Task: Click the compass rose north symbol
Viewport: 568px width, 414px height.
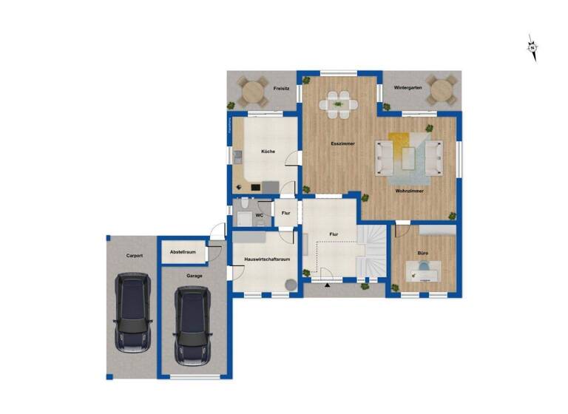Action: coord(532,47)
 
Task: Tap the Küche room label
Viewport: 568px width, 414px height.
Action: coord(268,152)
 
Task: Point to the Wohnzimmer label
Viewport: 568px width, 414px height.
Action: coord(410,191)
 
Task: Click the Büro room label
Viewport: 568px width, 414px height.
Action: coord(422,253)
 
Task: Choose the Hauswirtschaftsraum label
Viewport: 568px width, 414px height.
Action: coord(267,259)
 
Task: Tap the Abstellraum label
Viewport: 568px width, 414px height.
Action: coord(183,252)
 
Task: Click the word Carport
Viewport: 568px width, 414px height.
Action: coord(134,256)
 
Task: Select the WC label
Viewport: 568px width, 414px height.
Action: coord(260,215)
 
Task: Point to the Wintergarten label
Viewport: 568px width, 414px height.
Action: coord(408,87)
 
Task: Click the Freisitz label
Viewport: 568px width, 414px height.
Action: coord(280,88)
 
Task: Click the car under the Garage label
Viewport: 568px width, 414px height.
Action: coord(192,325)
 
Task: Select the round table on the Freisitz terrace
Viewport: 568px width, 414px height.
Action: coord(253,92)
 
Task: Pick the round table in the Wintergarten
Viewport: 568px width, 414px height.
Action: coord(442,91)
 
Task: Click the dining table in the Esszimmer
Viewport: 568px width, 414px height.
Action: coord(339,103)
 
